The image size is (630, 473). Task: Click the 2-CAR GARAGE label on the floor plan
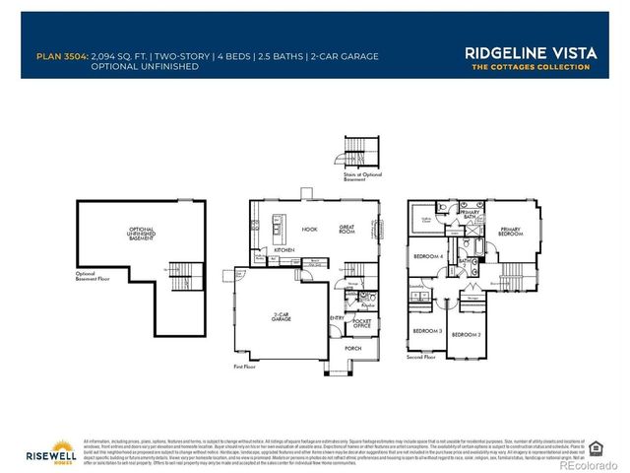point(283,317)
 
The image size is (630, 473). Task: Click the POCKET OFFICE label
point(362,324)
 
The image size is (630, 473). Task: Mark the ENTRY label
point(338,317)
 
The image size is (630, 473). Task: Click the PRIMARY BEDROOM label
point(510,233)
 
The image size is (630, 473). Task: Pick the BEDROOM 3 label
point(426,330)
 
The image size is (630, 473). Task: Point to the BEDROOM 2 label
point(466,336)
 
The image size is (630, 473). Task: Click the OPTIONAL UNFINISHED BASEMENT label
point(141,234)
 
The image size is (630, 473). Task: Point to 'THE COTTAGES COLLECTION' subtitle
point(531,67)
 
